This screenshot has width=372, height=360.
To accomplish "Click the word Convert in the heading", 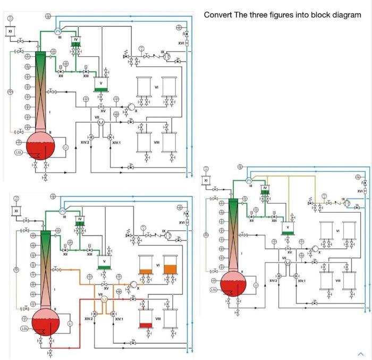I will pos(218,15).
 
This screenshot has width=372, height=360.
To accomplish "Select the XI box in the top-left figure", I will pos(11,31).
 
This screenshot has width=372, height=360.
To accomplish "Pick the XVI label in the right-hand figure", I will pos(360,190).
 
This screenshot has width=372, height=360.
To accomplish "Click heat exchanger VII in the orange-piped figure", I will pos(104,299).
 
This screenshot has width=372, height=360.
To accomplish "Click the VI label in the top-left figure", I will pos(156,87).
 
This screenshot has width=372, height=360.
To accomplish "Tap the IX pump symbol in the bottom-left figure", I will pos(168,234).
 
